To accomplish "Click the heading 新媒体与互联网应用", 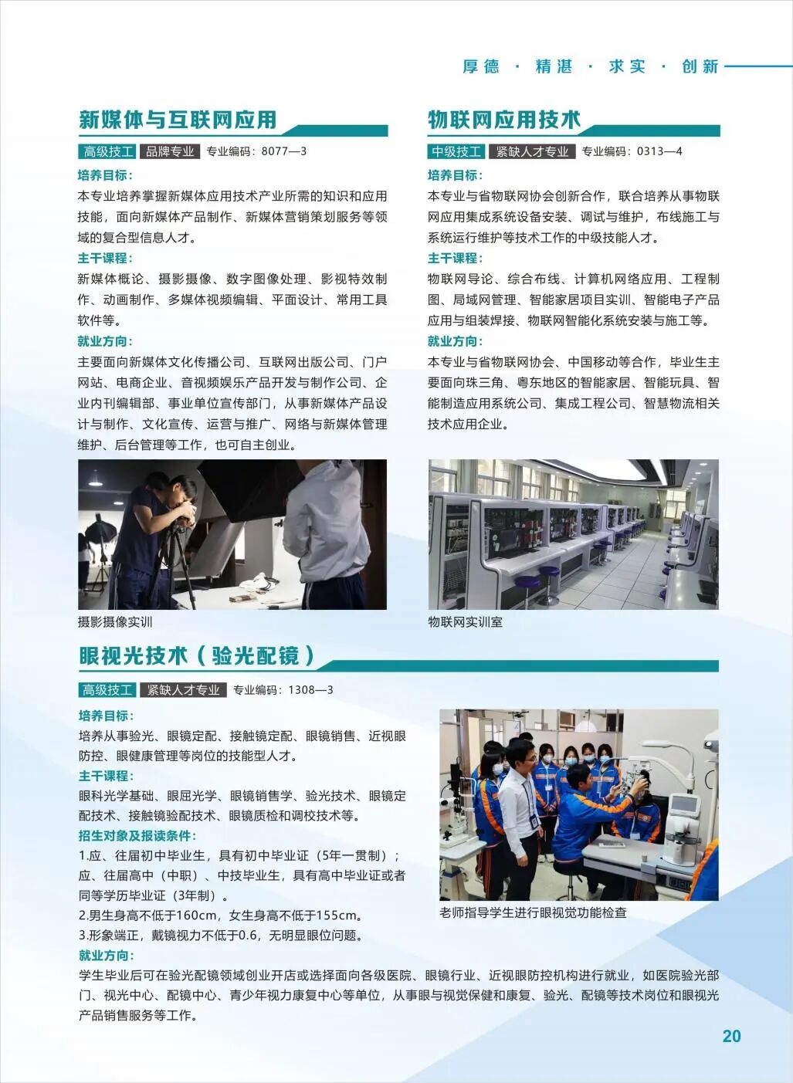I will [x=178, y=120].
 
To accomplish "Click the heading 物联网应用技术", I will [x=503, y=120].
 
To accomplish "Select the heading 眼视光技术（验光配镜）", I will [x=198, y=655].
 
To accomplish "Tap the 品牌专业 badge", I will [x=170, y=151].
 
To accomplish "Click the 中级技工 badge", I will [x=456, y=151].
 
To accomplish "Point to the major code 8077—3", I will [x=283, y=151].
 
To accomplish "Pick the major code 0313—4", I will [x=659, y=151].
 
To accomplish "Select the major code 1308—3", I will [x=310, y=689].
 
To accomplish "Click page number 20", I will [x=730, y=1036].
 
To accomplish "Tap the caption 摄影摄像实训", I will [x=115, y=621].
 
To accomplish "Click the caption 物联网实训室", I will [x=465, y=621].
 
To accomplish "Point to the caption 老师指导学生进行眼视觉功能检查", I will [x=533, y=912].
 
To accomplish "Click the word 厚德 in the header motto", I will [x=481, y=67].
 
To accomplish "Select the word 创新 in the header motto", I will [x=700, y=67].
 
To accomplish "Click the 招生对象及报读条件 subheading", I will [x=137, y=835].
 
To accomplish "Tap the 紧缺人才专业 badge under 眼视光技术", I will [x=184, y=689].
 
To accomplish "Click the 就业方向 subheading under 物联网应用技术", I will [x=455, y=341].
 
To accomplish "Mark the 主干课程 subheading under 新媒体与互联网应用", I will [x=105, y=258].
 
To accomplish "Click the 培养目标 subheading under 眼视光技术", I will [x=106, y=716].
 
